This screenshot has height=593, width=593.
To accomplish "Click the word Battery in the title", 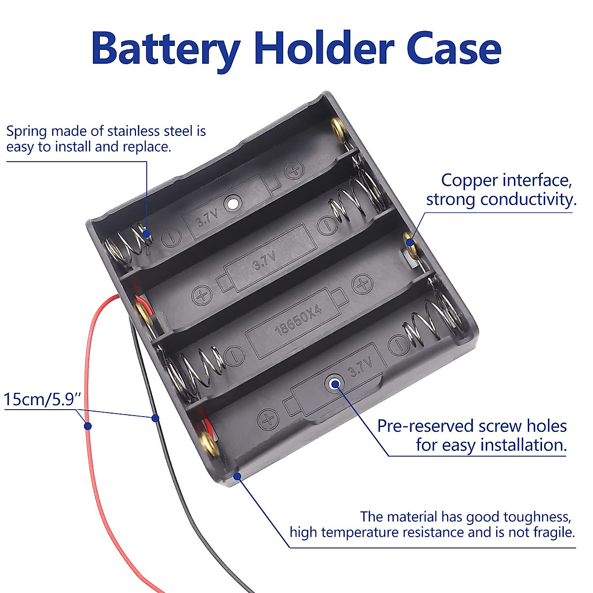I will [x=166, y=49].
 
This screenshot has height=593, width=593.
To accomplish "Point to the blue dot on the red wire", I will [x=87, y=426].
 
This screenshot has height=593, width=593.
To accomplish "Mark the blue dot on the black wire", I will [x=155, y=419].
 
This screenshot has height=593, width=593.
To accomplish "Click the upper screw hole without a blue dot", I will [x=232, y=203].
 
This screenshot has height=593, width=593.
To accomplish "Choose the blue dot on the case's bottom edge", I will [x=237, y=476].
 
